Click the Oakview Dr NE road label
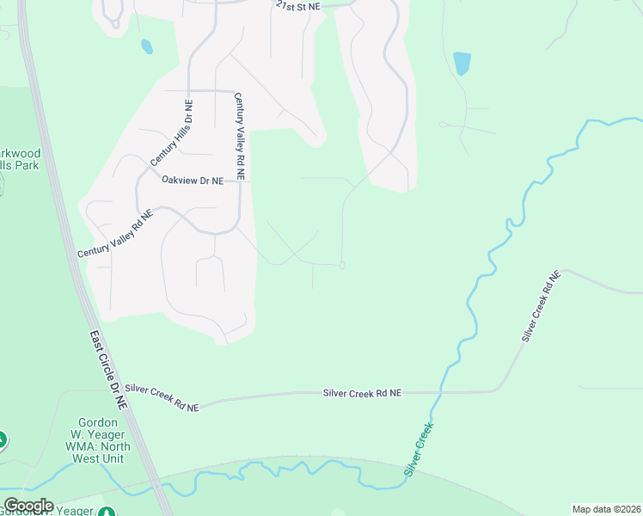coord(193,181)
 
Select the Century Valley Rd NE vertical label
coord(241,137)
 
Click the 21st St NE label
coord(297,5)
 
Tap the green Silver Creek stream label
coord(419,449)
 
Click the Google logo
coord(29,506)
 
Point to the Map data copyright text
coord(606,509)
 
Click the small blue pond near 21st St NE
coord(147,46)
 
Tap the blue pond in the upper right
coord(462,64)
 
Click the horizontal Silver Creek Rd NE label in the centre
coord(362,393)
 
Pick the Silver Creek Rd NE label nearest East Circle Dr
coord(162,398)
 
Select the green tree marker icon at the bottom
coord(107,513)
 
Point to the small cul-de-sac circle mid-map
coord(342,266)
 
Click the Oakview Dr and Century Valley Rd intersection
coord(240,181)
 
